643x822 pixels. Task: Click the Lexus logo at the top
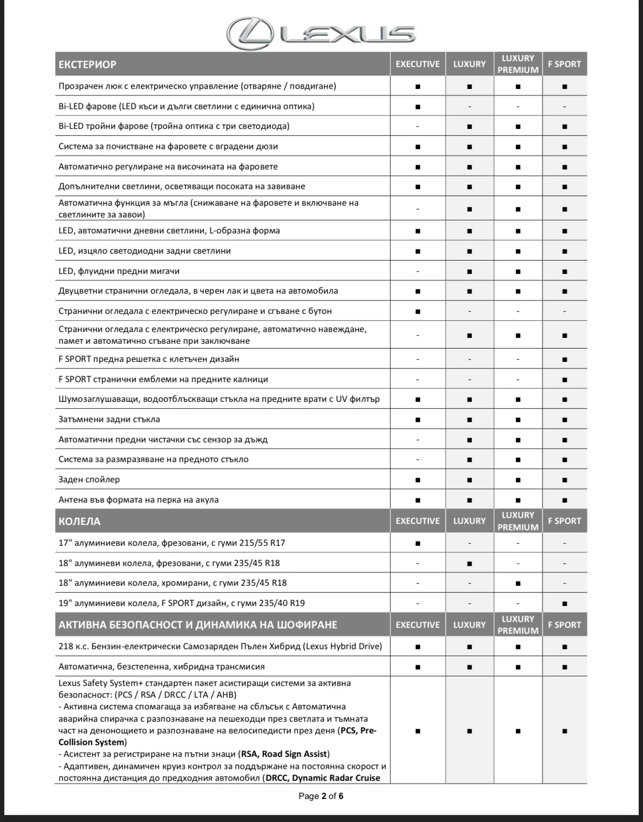click(320, 33)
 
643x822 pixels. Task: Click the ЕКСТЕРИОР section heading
click(87, 65)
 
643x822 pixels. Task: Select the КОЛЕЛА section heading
click(79, 521)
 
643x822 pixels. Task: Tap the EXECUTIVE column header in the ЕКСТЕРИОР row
click(417, 65)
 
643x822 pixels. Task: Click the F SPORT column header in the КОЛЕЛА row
click(564, 521)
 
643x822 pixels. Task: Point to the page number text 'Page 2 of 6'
click(321, 796)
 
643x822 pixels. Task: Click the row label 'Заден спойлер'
click(89, 480)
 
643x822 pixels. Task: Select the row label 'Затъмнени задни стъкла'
click(109, 420)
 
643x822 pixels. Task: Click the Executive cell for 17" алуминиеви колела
click(417, 544)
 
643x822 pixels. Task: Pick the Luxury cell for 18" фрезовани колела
click(469, 563)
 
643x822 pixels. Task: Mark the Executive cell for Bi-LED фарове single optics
click(417, 107)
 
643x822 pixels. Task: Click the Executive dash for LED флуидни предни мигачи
click(417, 271)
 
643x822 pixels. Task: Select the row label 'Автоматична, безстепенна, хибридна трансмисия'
click(162, 667)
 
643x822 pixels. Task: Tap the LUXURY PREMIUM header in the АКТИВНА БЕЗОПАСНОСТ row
click(518, 625)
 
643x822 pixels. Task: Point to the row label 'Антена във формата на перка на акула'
click(139, 500)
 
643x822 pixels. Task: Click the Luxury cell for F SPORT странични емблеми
click(469, 380)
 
